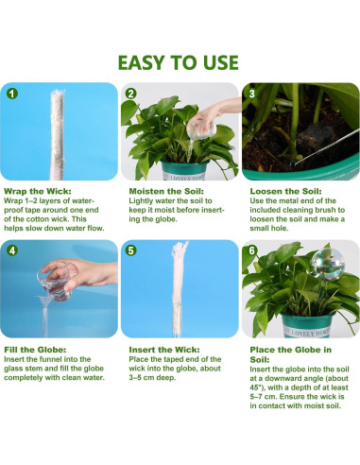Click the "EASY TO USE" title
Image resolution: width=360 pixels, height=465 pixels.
coord(178,62)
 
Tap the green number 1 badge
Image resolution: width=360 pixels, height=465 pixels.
coord(12,94)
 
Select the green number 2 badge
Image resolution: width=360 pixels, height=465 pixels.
coord(131,94)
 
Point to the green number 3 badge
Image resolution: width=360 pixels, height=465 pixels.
coord(252,94)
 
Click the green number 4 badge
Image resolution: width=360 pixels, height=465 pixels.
coord(12,250)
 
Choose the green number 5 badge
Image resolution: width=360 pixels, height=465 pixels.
coord(131,250)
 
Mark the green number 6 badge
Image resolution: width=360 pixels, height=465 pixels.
coord(252,250)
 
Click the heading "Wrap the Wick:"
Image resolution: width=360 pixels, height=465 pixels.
coord(38,191)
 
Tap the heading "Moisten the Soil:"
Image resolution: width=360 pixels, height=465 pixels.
coord(166,191)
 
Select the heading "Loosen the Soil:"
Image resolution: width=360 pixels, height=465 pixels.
coord(285,191)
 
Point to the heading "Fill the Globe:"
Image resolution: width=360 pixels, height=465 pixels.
coord(35,350)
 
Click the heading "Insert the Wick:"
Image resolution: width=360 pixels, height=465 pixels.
coord(164,350)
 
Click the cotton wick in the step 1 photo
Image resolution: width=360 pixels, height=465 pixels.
coord(57,135)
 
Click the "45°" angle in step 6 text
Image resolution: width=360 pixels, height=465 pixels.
coord(256,387)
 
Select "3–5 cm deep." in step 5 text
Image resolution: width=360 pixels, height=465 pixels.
coord(152,377)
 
